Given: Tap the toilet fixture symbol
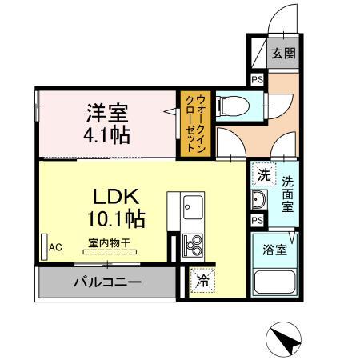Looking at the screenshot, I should [232, 103].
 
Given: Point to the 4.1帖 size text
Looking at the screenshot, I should [105, 134].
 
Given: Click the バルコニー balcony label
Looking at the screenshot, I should [107, 282].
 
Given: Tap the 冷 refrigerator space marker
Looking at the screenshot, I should [202, 282].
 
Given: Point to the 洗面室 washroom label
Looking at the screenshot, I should [286, 193].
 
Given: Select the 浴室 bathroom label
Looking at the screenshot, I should [274, 248].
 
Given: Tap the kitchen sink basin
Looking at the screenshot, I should [192, 210].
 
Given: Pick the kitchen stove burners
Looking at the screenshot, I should [192, 243].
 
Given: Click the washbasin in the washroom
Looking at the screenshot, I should [259, 199].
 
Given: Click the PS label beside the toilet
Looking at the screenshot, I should [258, 79].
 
